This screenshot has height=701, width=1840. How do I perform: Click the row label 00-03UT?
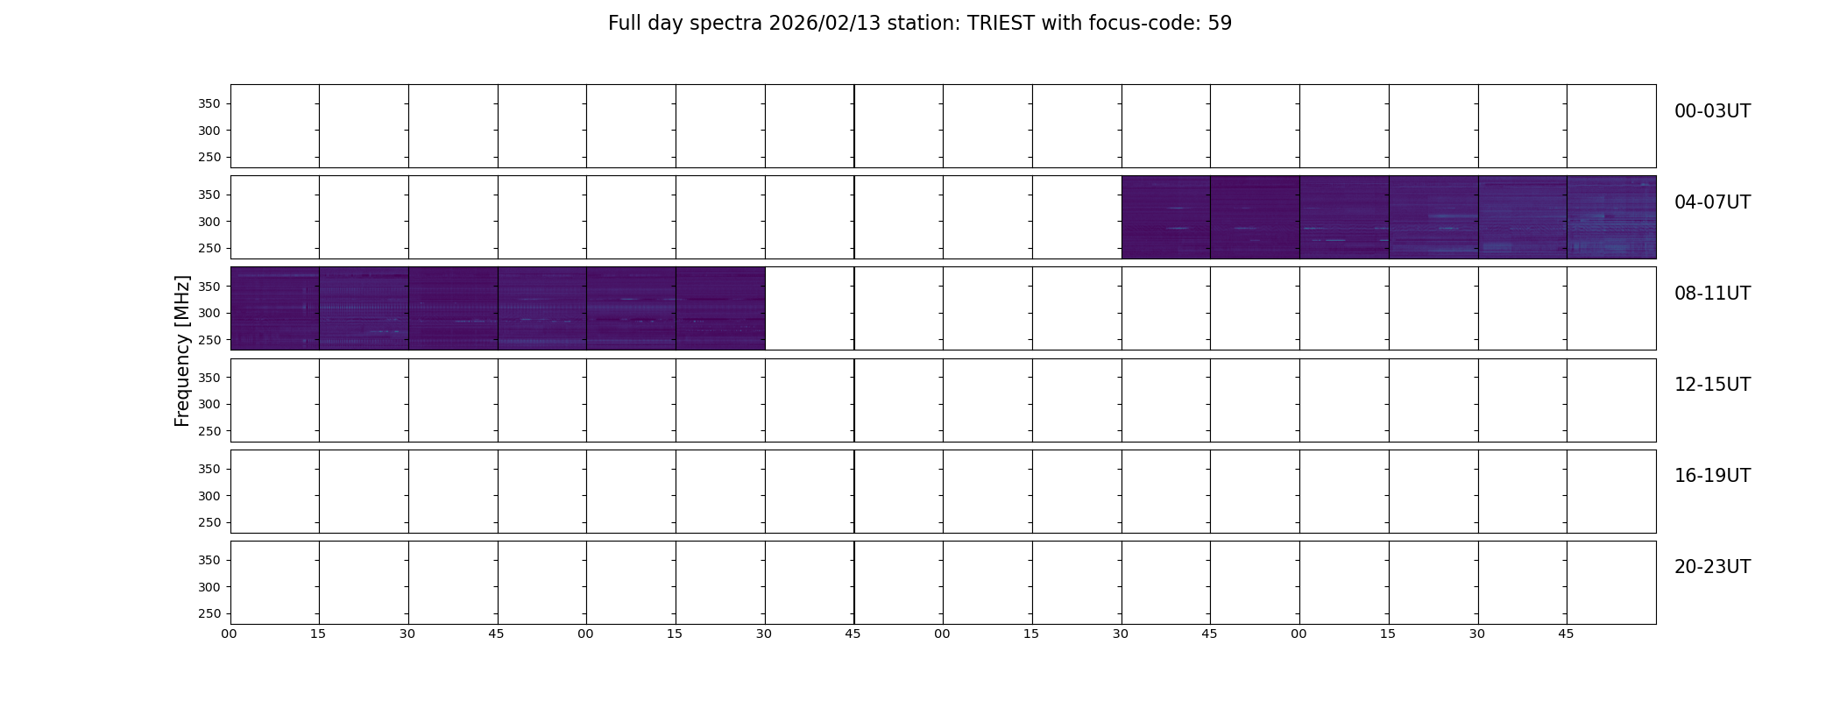pos(1712,111)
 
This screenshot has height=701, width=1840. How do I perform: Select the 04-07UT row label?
pos(1712,202)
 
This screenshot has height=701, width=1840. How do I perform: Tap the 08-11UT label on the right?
pos(1712,294)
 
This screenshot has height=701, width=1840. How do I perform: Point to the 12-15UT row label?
pos(1712,385)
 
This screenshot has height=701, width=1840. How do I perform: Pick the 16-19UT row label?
pos(1712,476)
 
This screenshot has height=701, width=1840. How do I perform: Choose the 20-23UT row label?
pos(1712,567)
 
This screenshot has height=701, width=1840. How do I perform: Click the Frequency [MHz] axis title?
pos(182,350)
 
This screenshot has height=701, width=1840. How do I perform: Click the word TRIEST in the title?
pos(1001,24)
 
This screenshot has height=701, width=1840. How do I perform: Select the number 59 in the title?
pos(1220,24)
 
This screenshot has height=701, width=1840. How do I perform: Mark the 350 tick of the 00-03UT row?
pos(209,104)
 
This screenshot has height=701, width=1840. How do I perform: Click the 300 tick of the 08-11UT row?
pos(209,314)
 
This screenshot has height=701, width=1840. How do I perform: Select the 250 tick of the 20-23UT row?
pos(209,614)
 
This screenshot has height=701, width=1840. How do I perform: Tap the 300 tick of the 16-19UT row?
pos(209,496)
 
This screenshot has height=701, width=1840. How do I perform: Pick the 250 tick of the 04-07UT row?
pos(209,249)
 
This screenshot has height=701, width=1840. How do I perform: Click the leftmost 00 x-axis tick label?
pos(229,634)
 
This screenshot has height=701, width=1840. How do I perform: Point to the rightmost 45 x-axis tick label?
pos(1566,634)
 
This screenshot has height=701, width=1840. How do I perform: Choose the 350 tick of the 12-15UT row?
pos(209,378)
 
